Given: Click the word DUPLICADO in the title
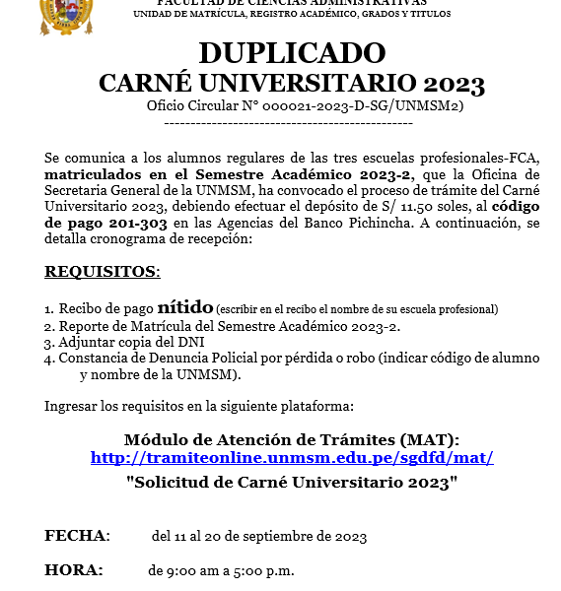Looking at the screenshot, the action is tap(292, 53).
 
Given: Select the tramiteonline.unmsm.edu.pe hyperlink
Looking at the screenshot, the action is tap(292, 458).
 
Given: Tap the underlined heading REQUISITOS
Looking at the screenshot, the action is tap(102, 271).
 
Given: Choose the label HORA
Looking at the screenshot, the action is tap(73, 569).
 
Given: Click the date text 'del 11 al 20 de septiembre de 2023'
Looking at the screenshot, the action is tap(258, 537).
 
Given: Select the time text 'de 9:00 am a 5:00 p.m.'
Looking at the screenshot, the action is tap(221, 570).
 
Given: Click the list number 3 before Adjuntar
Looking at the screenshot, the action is tap(48, 343).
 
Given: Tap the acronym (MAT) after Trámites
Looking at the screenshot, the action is tap(431, 439).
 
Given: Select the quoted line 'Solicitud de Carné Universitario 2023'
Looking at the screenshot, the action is tap(293, 483).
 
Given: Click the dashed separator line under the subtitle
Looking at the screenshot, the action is tap(287, 123).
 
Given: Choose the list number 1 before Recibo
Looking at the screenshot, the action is tap(48, 309).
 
